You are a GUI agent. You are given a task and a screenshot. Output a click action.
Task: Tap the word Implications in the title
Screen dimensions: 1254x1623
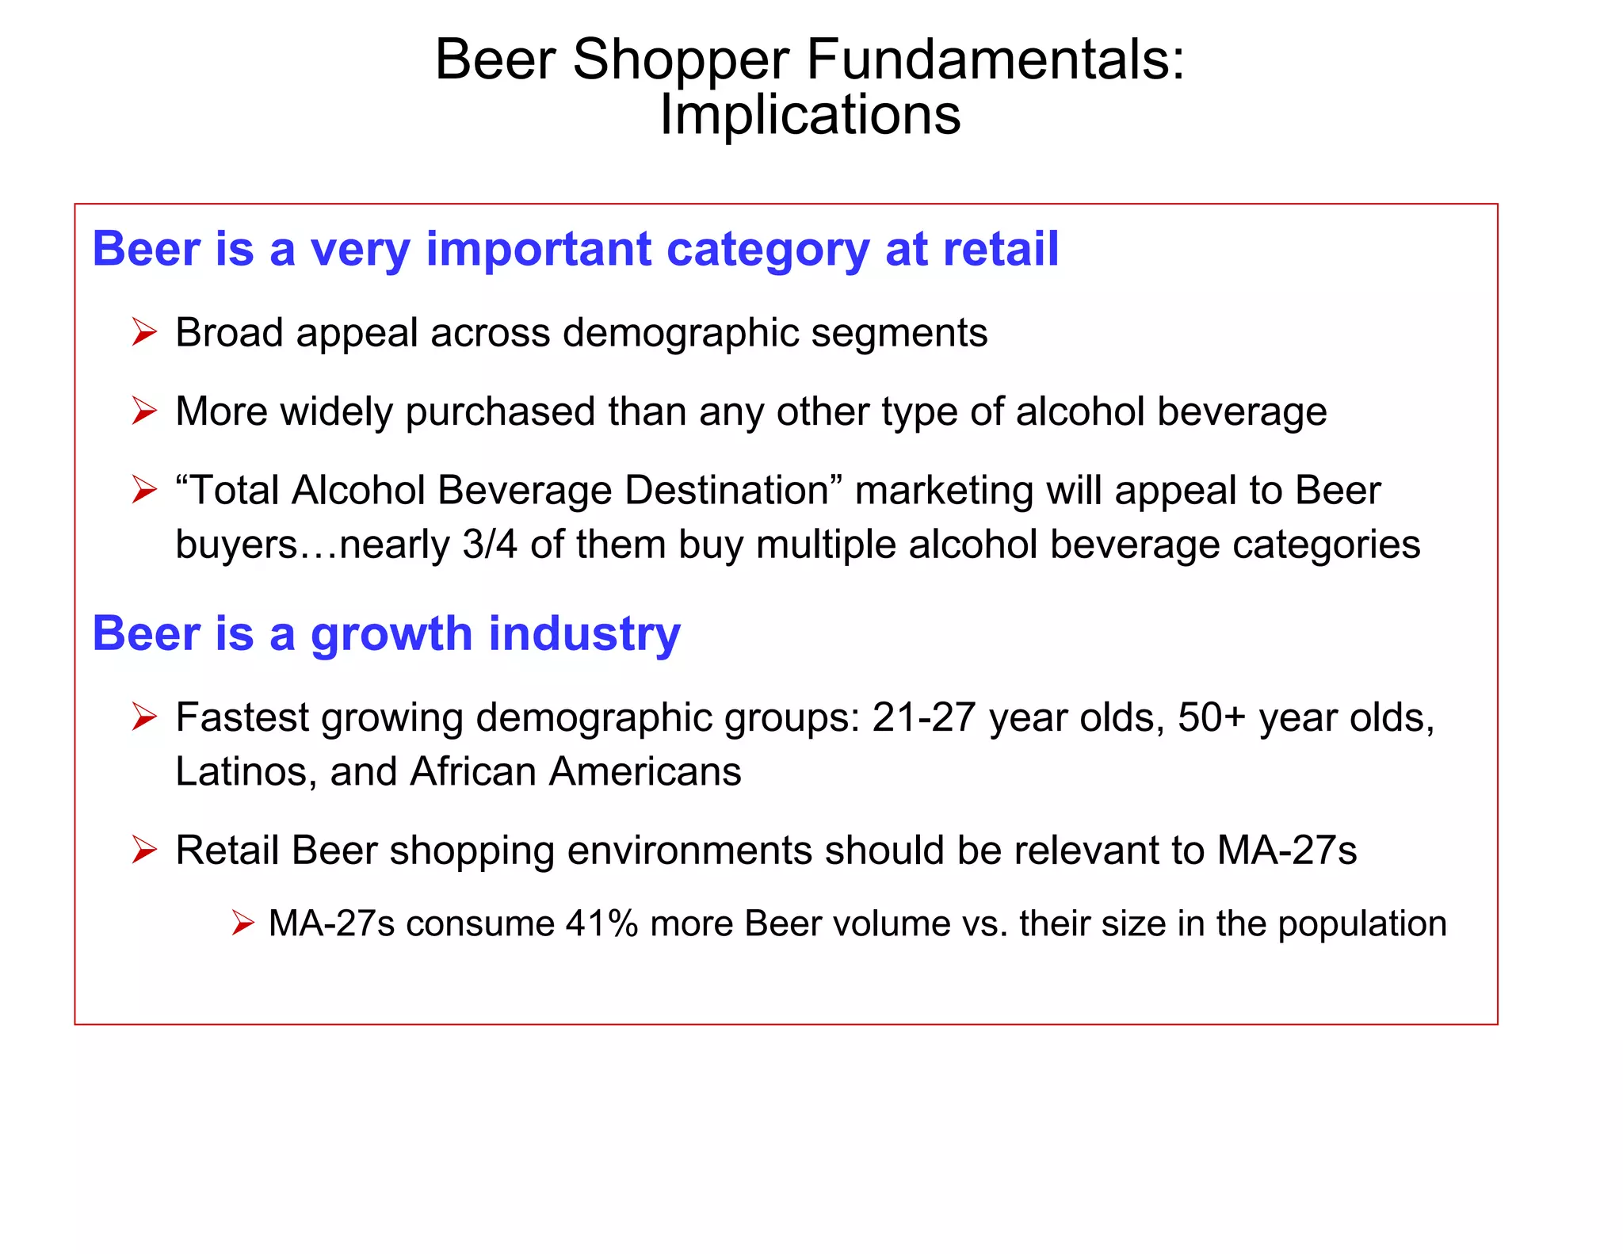pyautogui.click(x=810, y=115)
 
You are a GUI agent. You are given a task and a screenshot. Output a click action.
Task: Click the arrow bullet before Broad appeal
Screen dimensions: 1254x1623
pyautogui.click(x=144, y=332)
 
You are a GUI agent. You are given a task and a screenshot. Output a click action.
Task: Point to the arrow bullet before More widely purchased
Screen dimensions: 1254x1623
pyautogui.click(x=144, y=411)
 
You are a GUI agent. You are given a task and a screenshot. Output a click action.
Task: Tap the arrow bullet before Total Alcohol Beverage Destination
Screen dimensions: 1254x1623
pyautogui.click(x=144, y=490)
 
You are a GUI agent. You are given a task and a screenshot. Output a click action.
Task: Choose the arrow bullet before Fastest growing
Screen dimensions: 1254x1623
pyautogui.click(x=144, y=717)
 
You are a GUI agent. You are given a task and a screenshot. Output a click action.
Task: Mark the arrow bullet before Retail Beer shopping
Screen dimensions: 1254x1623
pyautogui.click(x=144, y=850)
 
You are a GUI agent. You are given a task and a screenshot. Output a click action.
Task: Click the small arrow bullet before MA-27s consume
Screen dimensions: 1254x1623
pyautogui.click(x=242, y=923)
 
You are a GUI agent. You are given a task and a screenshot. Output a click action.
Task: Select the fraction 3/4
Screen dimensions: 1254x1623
pyautogui.click(x=490, y=545)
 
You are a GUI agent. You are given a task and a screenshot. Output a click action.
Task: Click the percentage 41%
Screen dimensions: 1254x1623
pyautogui.click(x=601, y=923)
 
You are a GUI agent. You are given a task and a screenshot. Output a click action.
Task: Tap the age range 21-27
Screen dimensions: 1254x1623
pyautogui.click(x=923, y=717)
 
